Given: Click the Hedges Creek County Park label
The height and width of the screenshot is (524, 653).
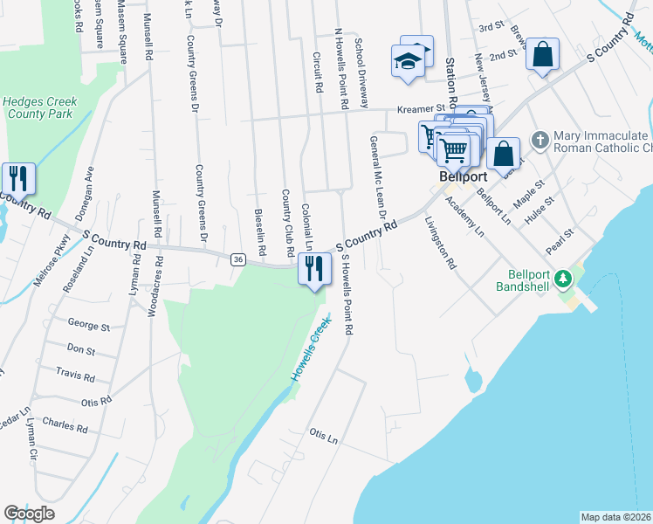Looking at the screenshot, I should click(x=39, y=108).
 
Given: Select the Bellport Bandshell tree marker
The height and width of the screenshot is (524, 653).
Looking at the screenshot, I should click(x=564, y=279).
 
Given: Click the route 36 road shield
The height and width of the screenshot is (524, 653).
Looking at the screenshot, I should click(x=237, y=259).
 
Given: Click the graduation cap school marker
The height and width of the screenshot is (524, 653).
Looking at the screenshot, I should click(x=408, y=61).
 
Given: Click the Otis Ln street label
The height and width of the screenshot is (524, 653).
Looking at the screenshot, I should click(x=323, y=434).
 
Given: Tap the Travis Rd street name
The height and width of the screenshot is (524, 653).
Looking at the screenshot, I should click(x=76, y=375).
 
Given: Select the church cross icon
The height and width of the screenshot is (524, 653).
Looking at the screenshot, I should click(x=540, y=139).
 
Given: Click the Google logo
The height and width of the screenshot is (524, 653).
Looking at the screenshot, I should click(x=30, y=514).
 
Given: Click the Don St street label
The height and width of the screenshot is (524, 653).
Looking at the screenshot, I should click(x=80, y=350).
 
